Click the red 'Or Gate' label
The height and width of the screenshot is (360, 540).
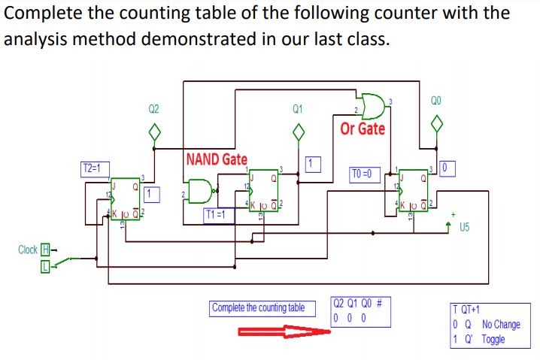tap(363, 129)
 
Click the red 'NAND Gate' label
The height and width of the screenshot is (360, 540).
tap(217, 159)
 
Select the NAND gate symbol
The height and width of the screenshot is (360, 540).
tap(199, 191)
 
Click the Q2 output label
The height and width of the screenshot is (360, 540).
tap(153, 109)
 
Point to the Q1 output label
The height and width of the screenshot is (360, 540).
tap(298, 109)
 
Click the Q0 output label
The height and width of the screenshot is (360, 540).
tap(436, 101)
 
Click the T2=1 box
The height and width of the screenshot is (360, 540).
tap(96, 168)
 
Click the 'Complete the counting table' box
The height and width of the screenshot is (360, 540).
tap(258, 307)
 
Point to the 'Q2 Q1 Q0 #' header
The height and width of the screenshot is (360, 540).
tap(359, 304)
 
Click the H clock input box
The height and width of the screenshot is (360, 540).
tap(46, 250)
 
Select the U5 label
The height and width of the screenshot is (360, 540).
tap(466, 228)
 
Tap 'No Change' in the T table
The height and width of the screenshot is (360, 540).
tap(501, 325)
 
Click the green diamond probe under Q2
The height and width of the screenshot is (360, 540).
tap(154, 132)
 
